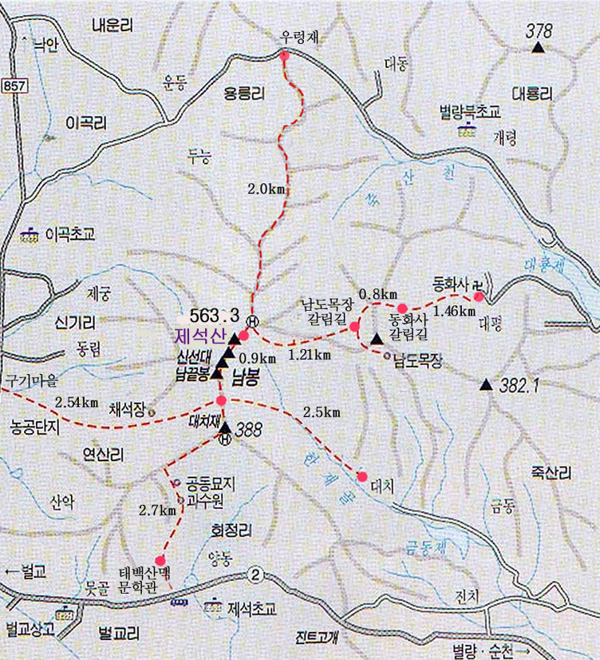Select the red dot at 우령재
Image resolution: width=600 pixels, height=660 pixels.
click(284, 55)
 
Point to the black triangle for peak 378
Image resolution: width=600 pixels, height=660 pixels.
click(538, 48)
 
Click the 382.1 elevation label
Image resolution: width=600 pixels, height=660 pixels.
click(520, 385)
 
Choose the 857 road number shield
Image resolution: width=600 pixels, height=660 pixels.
click(14, 84)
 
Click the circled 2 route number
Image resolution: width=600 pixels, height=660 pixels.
click(255, 574)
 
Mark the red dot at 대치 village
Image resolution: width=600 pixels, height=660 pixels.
click(362, 476)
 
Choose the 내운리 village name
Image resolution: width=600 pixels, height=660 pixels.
click(112, 25)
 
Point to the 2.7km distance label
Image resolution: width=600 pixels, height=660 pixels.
click(156, 509)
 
